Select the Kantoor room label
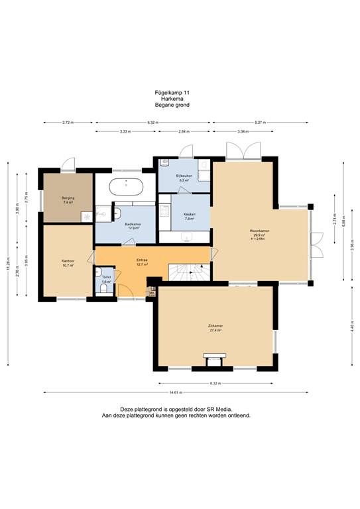(x=68, y=262)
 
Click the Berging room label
(x=68, y=199)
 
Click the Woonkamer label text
(x=258, y=232)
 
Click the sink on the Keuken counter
(x=188, y=237)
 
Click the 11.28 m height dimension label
(x=8, y=231)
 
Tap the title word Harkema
(x=180, y=99)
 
